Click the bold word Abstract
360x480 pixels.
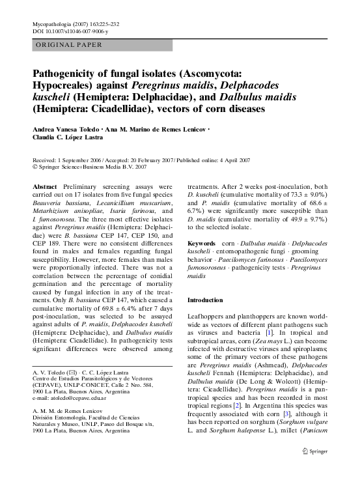pyautogui.click(x=44, y=186)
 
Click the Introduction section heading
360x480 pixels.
pyautogui.click(x=205, y=300)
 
